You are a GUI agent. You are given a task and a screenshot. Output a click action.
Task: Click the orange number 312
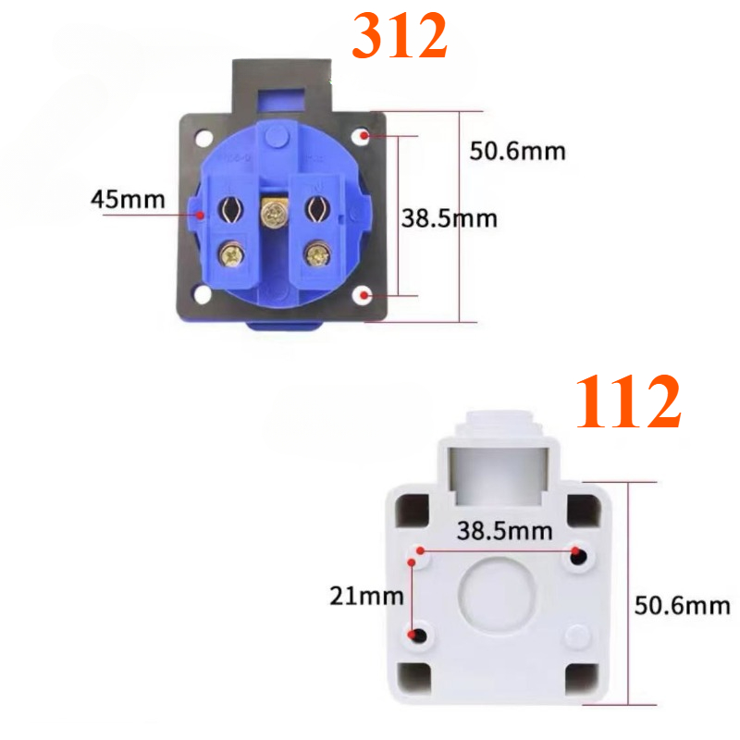400,39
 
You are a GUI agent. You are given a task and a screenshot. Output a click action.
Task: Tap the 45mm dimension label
128,199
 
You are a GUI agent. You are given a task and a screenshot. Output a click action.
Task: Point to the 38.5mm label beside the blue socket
449,219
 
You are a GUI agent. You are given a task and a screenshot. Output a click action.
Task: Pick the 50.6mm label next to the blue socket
518,151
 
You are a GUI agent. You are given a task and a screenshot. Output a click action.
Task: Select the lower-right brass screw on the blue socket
318,253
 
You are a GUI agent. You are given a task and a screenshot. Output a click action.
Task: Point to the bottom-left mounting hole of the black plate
201,297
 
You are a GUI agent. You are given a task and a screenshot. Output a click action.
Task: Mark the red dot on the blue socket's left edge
200,216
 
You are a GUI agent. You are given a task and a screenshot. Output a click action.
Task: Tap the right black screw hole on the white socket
579,556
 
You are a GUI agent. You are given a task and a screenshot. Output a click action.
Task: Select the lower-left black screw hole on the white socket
419,635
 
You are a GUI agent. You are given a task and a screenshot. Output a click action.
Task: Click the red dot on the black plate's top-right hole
366,136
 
